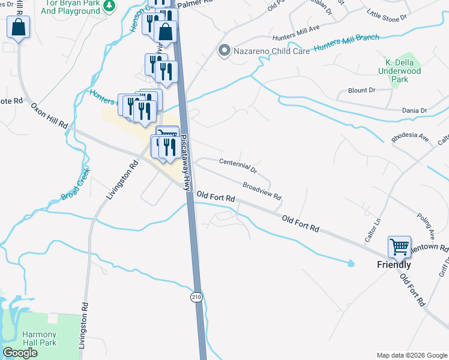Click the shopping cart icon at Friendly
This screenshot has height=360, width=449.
point(399,247)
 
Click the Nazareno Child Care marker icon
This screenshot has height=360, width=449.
point(224,50)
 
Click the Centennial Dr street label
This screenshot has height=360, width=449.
point(238,166)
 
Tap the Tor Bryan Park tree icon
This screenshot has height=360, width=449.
point(109,6)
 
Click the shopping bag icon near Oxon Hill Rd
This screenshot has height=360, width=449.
point(19,27)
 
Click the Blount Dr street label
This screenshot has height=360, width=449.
point(361,90)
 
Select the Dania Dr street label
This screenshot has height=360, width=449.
point(414,110)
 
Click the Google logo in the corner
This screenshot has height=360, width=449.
point(20,353)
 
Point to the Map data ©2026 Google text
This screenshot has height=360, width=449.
point(411,355)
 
